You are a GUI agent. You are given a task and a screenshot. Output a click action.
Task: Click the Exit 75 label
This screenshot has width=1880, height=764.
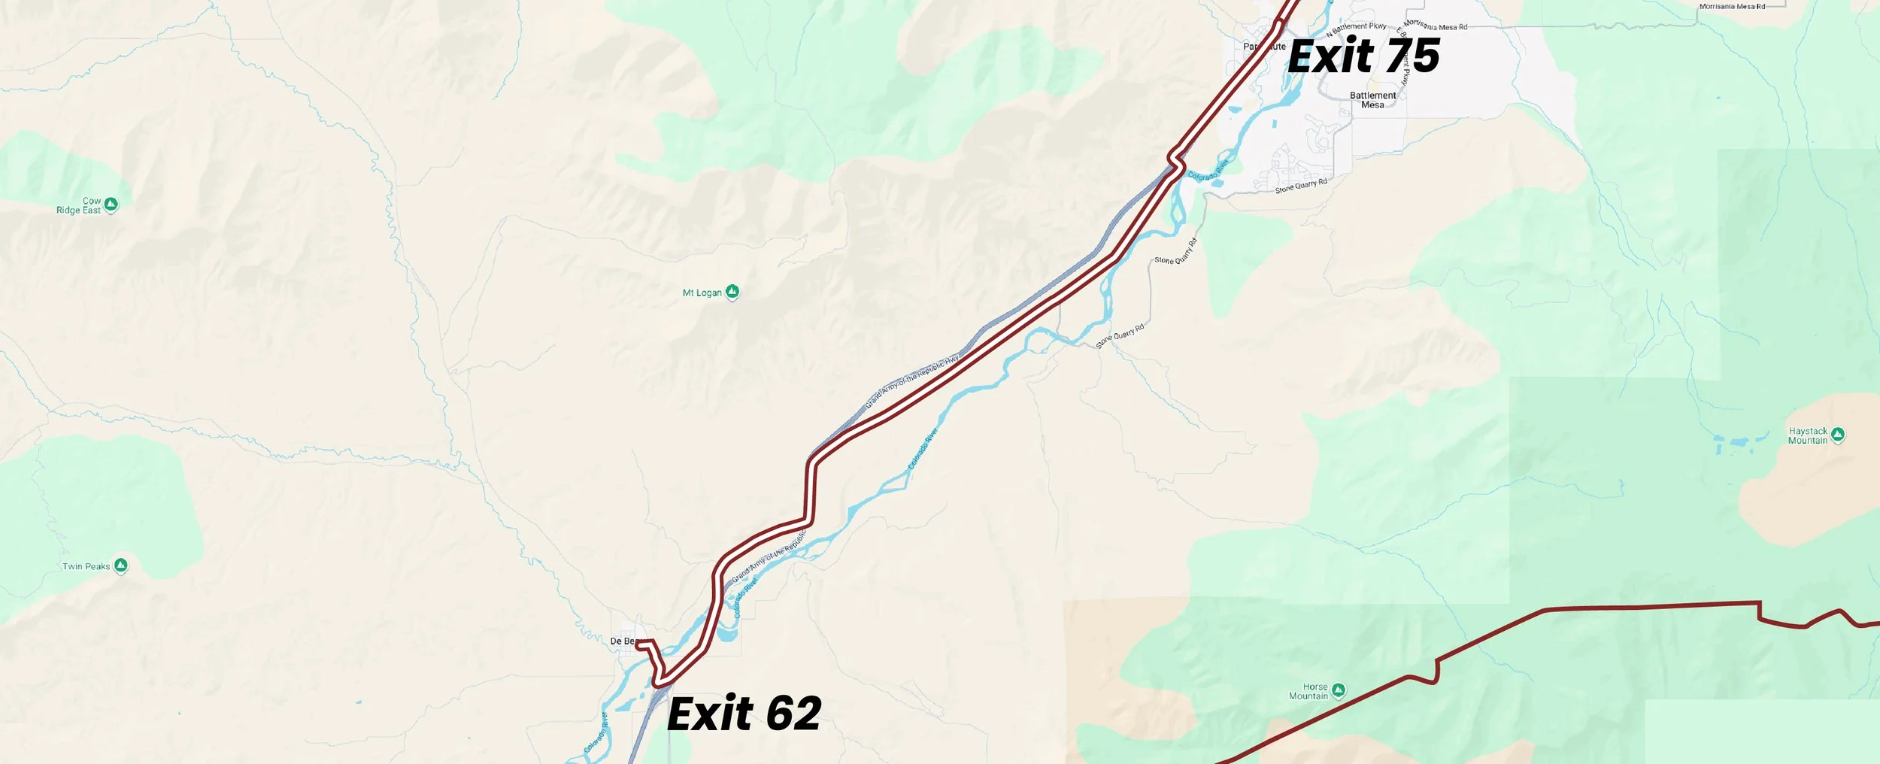[1363, 56]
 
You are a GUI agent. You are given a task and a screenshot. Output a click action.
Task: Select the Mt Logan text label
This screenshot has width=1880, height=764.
[702, 293]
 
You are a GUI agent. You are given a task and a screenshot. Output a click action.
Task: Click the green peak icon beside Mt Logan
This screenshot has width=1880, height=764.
[732, 292]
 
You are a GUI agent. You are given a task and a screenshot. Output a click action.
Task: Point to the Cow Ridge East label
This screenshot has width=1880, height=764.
[79, 205]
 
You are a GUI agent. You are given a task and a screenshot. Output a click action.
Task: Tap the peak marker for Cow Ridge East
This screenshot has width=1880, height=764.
[111, 204]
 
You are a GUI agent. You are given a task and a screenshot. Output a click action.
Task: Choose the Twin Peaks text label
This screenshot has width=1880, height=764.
[86, 566]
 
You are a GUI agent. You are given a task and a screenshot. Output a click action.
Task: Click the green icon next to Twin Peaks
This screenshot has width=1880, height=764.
[120, 565]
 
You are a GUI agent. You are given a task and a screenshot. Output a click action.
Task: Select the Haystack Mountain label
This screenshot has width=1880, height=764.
[1807, 435]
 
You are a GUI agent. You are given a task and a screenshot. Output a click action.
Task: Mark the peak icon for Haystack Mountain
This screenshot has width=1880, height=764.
[1837, 434]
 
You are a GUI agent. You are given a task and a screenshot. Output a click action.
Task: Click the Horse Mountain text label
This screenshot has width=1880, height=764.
[1309, 691]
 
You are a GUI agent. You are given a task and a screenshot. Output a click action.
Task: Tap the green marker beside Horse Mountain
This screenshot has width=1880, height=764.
[1338, 690]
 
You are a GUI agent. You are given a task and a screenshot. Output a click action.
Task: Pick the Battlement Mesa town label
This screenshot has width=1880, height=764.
[1372, 100]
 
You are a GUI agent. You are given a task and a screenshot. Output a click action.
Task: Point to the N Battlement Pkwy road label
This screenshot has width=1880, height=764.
[1356, 29]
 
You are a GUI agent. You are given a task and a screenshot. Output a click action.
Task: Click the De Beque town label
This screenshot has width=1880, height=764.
[623, 641]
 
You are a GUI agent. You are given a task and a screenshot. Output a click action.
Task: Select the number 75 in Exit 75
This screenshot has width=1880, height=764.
[1412, 56]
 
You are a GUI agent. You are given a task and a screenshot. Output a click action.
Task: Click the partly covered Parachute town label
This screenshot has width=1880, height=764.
[1263, 47]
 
